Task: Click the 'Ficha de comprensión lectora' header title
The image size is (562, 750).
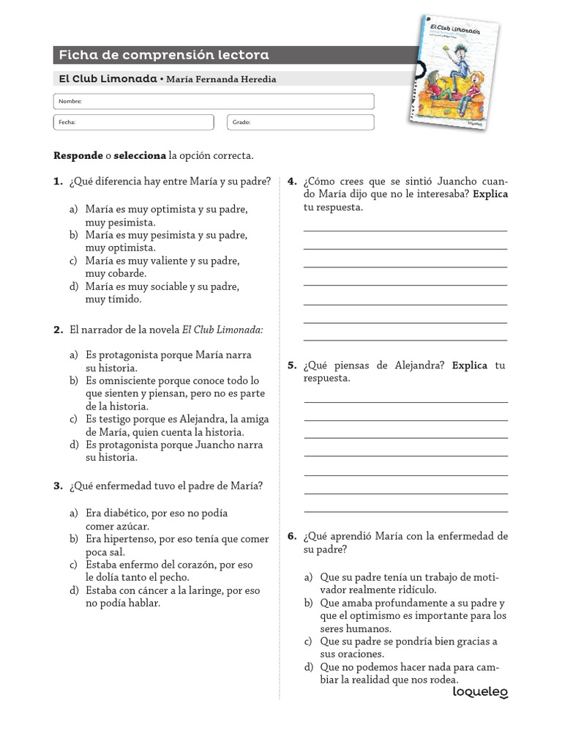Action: [x=163, y=55]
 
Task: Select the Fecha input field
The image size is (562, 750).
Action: [x=134, y=122]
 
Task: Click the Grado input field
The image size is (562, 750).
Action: [x=301, y=122]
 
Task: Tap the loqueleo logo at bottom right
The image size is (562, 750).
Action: [x=480, y=691]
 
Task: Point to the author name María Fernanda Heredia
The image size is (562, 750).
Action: [x=222, y=79]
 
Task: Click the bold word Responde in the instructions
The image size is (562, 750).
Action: [x=78, y=156]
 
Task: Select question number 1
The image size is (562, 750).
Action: [x=58, y=182]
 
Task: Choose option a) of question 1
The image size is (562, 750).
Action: [x=166, y=215]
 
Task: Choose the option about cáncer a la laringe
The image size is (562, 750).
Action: [x=172, y=596]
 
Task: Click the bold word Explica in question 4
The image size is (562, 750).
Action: [x=490, y=194]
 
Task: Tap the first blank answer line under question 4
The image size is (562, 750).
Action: [x=405, y=230]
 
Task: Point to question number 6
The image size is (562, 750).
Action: [x=292, y=536]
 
